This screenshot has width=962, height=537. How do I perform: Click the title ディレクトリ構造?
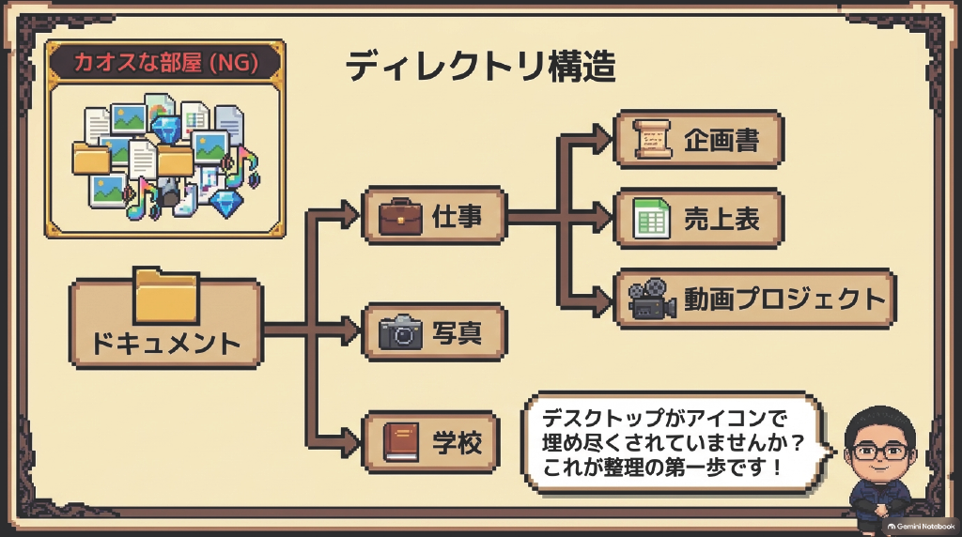(x=480, y=67)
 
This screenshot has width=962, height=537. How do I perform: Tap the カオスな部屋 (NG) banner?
(x=165, y=63)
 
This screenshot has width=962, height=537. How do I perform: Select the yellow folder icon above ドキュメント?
(x=166, y=296)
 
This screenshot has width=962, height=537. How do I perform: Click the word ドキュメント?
(x=165, y=344)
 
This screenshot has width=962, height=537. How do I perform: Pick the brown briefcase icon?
(x=400, y=216)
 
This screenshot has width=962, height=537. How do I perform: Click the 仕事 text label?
(x=458, y=216)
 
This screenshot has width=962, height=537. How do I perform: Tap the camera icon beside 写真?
(x=400, y=332)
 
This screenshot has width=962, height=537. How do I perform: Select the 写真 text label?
(x=458, y=333)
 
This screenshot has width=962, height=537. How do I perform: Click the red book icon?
(x=400, y=442)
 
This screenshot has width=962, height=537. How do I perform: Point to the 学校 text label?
(x=458, y=442)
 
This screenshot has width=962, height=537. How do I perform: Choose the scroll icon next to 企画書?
(x=652, y=140)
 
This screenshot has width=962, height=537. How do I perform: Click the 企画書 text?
(x=721, y=141)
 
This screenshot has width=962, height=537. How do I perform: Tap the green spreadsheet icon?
(x=651, y=218)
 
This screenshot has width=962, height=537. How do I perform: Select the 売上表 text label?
(x=721, y=219)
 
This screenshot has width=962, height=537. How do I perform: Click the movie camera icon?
(x=652, y=299)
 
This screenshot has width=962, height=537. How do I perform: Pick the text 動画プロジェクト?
(x=784, y=299)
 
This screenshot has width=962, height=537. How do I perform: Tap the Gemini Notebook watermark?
(x=921, y=526)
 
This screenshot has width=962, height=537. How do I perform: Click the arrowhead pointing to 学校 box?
(x=350, y=442)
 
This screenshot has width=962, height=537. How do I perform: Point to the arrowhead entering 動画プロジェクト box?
(x=603, y=299)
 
